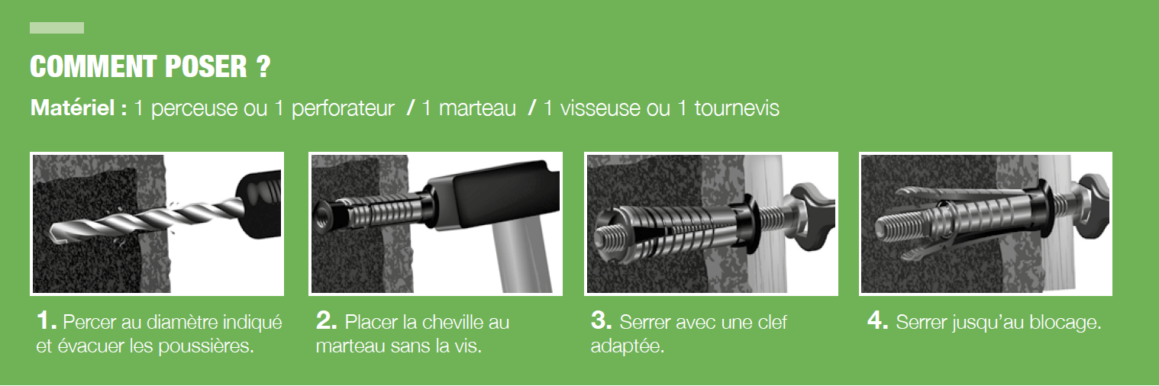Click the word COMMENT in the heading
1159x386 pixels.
point(93,66)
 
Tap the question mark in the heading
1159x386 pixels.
point(263,66)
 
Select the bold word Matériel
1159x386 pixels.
point(73,108)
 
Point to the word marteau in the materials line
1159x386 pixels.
point(477,109)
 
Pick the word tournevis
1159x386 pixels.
point(736,108)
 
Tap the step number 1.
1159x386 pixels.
point(46,320)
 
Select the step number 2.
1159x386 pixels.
point(327,320)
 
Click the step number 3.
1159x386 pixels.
point(601,320)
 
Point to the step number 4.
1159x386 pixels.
point(878,320)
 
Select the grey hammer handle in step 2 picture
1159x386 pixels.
point(521,260)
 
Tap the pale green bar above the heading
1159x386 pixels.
point(57,28)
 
